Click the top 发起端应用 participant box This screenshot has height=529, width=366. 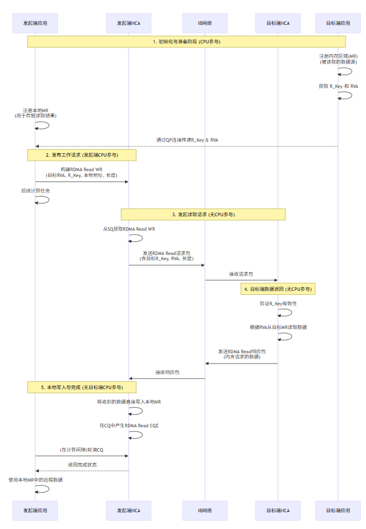(x=35, y=23)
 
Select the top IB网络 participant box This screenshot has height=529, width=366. (x=204, y=23)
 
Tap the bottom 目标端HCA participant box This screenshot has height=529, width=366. (x=277, y=510)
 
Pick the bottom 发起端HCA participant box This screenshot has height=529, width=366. (x=129, y=510)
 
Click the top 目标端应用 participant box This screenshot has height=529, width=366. (x=338, y=23)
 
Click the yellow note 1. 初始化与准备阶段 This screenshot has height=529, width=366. (x=186, y=42)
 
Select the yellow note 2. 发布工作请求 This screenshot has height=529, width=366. (x=82, y=155)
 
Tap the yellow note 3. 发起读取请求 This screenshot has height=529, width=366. (x=203, y=214)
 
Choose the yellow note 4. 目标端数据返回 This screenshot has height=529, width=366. (x=279, y=288)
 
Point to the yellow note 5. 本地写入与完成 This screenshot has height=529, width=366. (x=82, y=387)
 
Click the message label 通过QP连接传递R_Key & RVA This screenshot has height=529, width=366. (x=187, y=140)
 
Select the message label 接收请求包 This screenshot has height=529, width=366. (x=241, y=274)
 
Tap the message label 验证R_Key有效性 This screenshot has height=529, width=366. (x=279, y=303)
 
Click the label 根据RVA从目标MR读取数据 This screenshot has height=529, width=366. (x=279, y=327)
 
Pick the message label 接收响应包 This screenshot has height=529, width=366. (x=167, y=372)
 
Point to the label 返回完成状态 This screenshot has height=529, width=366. (x=82, y=464)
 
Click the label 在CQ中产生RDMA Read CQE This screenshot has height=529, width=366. (x=129, y=425)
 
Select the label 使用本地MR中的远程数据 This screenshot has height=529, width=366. (x=36, y=480)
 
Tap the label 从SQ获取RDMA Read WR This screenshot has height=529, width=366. (x=129, y=229)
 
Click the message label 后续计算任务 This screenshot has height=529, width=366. (x=36, y=190)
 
